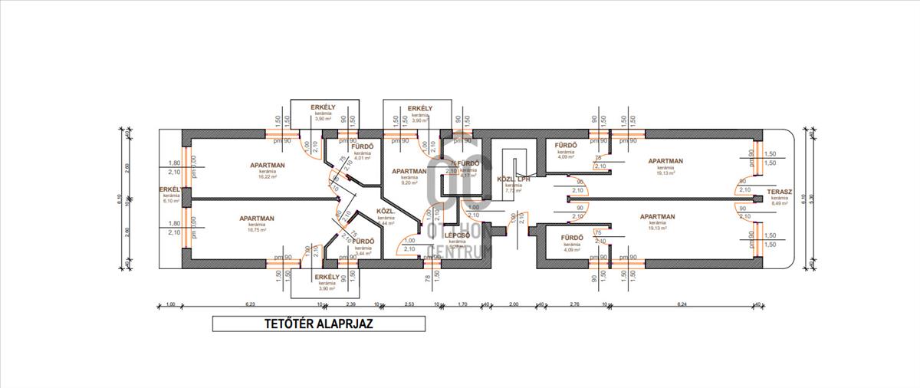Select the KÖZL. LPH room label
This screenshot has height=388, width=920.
click(514, 179)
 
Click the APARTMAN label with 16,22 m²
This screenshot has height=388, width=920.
click(268, 165)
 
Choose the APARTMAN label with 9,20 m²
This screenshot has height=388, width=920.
click(409, 172)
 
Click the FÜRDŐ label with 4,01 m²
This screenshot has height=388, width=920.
click(362, 146)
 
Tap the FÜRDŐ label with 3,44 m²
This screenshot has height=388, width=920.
click(363, 241)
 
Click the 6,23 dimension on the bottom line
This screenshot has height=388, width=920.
click(250, 304)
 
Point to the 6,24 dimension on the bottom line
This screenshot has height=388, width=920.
click(682, 304)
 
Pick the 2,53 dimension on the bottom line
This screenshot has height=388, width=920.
click(409, 304)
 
